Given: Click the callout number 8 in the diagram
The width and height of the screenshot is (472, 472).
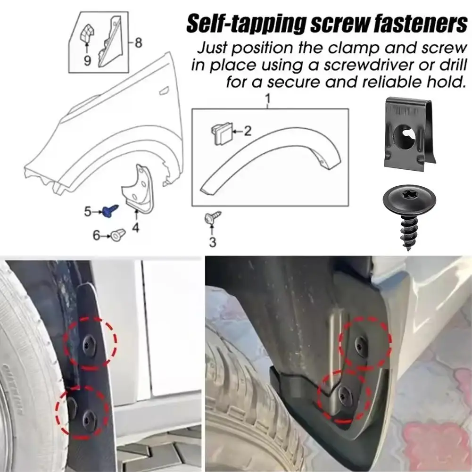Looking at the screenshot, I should pos(138,43).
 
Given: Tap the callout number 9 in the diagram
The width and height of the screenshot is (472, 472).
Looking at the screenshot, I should pos(87,60).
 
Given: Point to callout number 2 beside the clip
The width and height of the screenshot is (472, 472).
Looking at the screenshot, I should pos(248,131).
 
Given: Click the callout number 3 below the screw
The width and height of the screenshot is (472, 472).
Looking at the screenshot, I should pos(212,242).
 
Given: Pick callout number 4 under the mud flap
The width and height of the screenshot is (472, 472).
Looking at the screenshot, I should pos(136,229).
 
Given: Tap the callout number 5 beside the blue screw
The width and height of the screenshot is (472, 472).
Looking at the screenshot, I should pos(87,212).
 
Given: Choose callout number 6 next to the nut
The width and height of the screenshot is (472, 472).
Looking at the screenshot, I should pos(96,234).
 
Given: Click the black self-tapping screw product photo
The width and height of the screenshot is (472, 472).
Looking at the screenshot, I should pos(409,214).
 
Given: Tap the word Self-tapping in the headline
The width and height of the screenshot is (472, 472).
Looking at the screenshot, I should pos(243,25).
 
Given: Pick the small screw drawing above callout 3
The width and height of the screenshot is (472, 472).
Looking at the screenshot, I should pos(213,218).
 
